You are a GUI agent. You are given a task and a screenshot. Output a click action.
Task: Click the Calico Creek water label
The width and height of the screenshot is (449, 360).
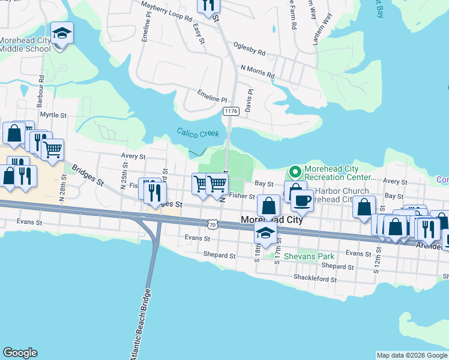197,133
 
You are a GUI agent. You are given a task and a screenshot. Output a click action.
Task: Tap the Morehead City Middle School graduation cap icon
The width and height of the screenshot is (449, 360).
61,33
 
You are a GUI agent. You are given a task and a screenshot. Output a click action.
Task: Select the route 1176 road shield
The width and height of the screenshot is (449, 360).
230,112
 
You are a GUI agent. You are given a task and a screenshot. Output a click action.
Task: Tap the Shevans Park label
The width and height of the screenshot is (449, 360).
309,256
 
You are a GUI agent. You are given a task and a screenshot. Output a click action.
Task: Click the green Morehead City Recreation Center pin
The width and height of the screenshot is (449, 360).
295,173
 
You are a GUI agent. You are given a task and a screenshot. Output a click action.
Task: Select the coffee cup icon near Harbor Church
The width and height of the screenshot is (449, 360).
301,201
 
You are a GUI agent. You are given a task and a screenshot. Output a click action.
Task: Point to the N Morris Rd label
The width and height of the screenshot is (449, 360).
257,71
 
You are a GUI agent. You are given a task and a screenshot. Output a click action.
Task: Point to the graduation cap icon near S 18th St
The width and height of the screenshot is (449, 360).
265,233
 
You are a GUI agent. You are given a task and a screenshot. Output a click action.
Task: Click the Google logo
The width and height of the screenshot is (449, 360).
20,353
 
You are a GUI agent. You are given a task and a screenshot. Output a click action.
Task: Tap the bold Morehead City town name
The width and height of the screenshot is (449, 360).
271,220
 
